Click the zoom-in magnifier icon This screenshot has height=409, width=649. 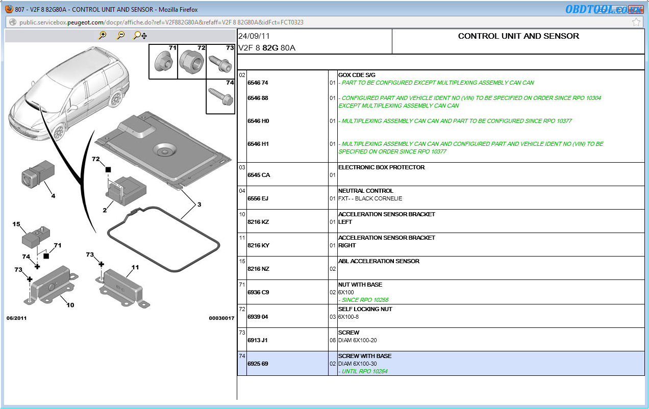(103, 35)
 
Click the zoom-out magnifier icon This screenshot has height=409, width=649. (121, 35)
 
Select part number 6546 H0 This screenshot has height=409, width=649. (258, 121)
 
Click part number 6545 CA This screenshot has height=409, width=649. (259, 175)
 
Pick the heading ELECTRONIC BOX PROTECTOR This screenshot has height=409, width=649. (381, 167)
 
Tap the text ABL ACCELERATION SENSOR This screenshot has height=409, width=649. (379, 261)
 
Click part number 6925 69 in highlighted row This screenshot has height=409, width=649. (258, 364)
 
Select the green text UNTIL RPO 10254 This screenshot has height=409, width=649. (364, 371)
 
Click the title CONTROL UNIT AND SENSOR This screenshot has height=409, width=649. (518, 36)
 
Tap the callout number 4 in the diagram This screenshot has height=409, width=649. (53, 196)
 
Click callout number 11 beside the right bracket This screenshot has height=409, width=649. (135, 267)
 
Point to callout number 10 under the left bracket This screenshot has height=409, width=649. (70, 305)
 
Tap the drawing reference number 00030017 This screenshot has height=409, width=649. (221, 318)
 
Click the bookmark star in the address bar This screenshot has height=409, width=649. (636, 22)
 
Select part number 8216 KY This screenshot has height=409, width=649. (258, 245)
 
